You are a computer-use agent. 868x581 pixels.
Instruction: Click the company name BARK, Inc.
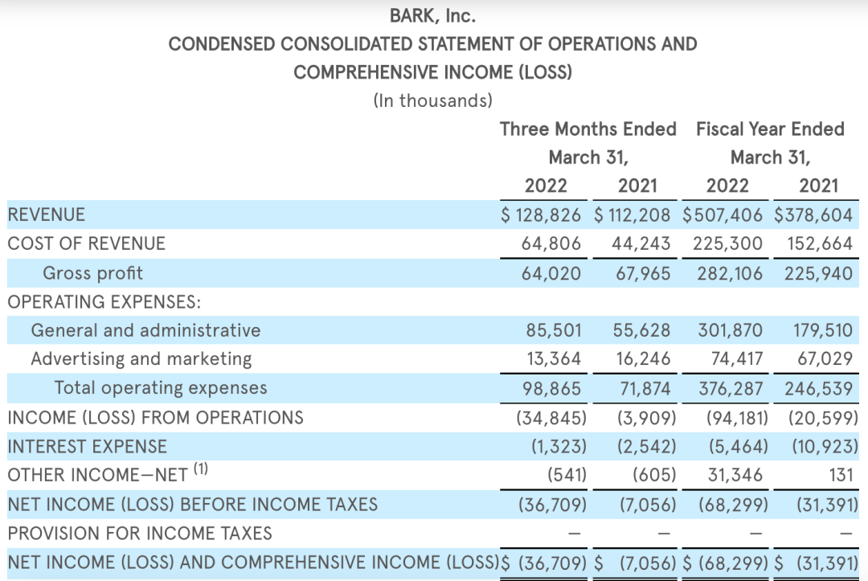[432, 15]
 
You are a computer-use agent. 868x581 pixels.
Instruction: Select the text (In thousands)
[432, 100]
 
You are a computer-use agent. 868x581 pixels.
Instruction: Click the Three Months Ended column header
[588, 129]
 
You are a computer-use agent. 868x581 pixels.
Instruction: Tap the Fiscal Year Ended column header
[770, 129]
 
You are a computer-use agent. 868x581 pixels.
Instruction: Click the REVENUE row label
[46, 215]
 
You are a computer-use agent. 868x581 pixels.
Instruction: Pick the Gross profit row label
[92, 273]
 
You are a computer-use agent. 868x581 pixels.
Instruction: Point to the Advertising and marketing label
[141, 358]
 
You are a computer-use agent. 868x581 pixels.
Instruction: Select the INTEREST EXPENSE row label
[87, 446]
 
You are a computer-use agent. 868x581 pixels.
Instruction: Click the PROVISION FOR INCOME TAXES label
[140, 533]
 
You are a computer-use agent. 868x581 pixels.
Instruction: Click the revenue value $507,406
[723, 215]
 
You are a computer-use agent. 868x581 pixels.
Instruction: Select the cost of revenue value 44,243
[640, 243]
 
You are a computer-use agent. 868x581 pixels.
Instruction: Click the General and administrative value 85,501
[551, 330]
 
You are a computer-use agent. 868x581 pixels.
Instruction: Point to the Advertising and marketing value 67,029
[825, 358]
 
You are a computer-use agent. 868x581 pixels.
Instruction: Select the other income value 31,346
[735, 475]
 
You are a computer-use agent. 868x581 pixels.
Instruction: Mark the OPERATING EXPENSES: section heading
[104, 302]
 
